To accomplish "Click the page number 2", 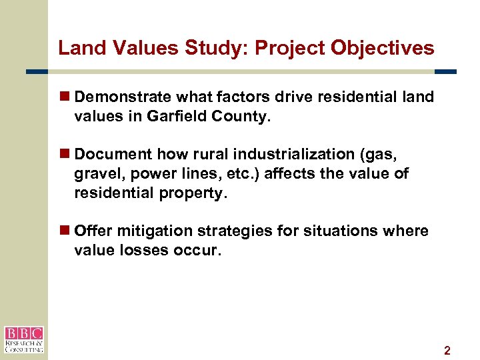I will (x=447, y=351).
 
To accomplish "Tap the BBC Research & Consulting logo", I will (x=23, y=339).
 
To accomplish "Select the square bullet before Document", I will (x=65, y=155).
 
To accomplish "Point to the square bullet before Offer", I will (x=65, y=231).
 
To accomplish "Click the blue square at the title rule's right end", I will (x=445, y=71).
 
